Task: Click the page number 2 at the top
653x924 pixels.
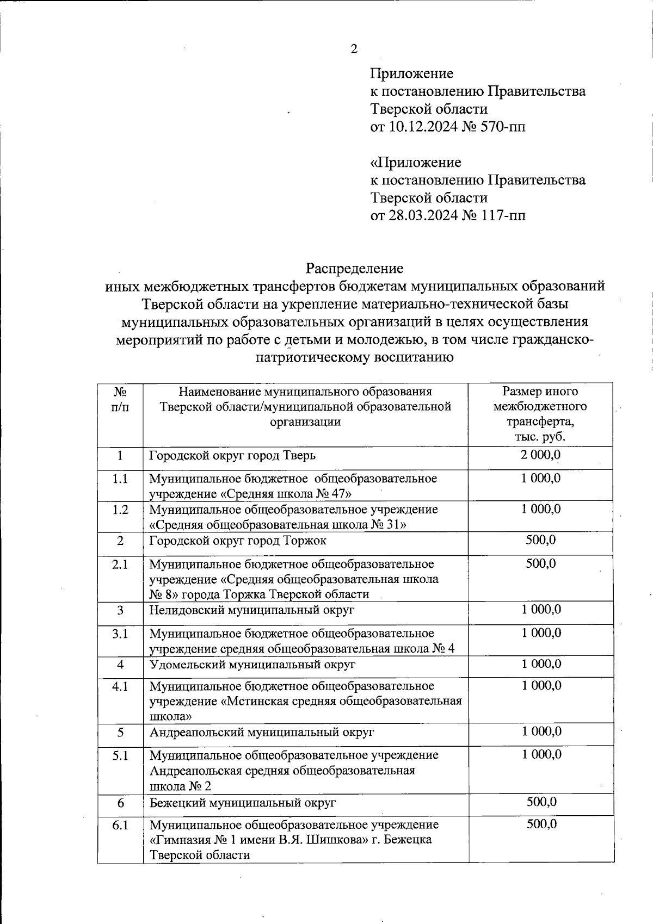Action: [x=354, y=49]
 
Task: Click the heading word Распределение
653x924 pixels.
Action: [x=354, y=268]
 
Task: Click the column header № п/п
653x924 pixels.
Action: [x=120, y=399]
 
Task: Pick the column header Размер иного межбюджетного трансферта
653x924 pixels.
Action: [x=540, y=413]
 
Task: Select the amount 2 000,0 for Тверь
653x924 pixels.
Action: [x=540, y=455]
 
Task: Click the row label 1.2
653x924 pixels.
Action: [x=120, y=510]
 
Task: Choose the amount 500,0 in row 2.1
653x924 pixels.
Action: [x=540, y=563]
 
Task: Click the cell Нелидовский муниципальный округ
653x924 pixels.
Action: [x=251, y=610]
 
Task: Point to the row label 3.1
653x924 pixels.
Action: [x=120, y=634]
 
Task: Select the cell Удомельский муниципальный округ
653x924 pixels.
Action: [x=252, y=665]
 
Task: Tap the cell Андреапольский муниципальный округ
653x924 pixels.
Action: [x=262, y=732]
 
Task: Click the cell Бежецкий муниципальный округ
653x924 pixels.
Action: [x=243, y=802]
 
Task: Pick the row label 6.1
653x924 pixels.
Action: [x=120, y=825]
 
